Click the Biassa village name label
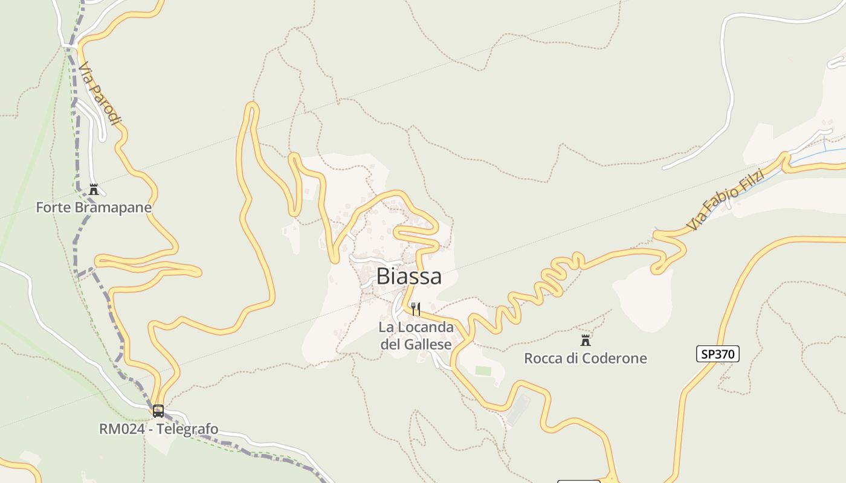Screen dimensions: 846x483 [x=408, y=276]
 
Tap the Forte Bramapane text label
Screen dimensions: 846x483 [x=94, y=207]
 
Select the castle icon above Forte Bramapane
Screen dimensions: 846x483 [x=94, y=190]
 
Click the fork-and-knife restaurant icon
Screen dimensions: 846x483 [x=415, y=309]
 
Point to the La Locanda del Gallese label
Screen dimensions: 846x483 [x=416, y=336]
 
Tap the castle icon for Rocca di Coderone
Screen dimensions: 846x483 [x=585, y=340]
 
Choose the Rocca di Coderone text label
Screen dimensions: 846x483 [x=585, y=358]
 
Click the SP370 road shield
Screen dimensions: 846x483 [x=717, y=354]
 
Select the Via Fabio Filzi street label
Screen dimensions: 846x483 [x=726, y=200]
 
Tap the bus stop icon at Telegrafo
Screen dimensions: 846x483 [x=158, y=411]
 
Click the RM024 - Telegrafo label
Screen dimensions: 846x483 [x=158, y=429]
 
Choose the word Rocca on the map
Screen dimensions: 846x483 [x=543, y=358]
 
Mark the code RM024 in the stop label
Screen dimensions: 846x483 [x=118, y=429]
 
